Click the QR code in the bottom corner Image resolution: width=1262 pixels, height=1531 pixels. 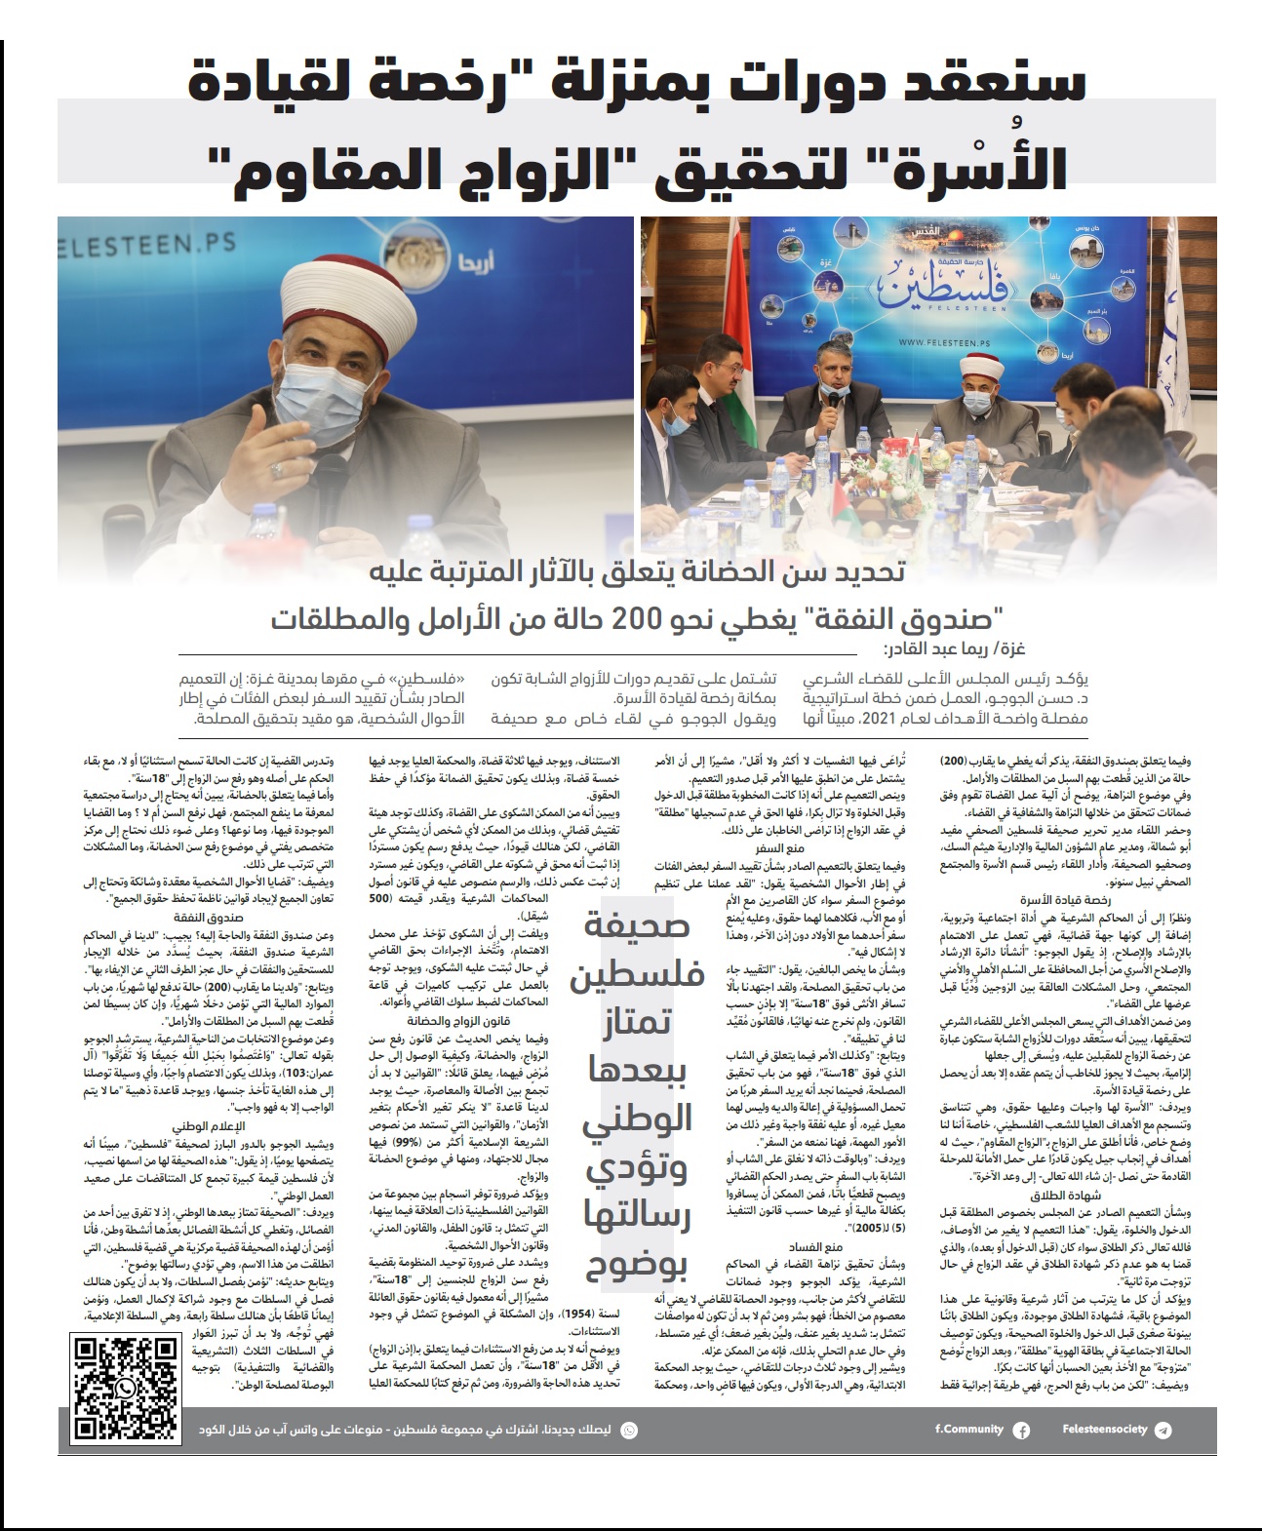click(126, 1388)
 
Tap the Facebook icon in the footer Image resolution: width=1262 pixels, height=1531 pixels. click(1021, 1430)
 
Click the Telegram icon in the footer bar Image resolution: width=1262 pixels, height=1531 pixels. click(1162, 1430)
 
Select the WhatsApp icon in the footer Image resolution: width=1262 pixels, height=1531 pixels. click(629, 1430)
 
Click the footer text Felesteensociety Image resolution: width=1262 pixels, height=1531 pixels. click(1105, 1430)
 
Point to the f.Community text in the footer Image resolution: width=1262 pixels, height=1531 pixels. click(968, 1430)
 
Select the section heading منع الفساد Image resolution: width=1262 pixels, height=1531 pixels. click(818, 1246)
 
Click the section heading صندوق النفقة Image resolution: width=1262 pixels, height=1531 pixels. click(209, 918)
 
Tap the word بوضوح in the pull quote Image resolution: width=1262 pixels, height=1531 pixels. click(637, 1266)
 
